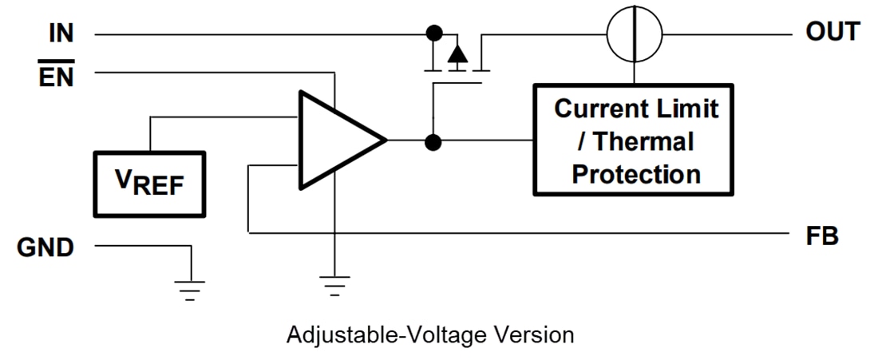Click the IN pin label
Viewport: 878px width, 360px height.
coord(60,34)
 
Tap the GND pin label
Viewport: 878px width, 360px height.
coord(45,247)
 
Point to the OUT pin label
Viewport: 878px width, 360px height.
coord(833,33)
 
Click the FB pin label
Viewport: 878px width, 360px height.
coord(822,237)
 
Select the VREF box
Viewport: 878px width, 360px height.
coord(149,184)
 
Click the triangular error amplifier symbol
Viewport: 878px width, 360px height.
coord(335,140)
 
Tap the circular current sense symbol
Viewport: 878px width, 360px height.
coord(635,35)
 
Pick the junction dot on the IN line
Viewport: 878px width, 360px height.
coord(433,34)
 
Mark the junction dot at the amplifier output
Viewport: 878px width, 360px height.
coord(433,143)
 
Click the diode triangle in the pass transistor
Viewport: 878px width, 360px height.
coord(457,54)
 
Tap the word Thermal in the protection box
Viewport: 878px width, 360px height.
coord(644,141)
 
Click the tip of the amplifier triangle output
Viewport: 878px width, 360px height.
coord(386,140)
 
